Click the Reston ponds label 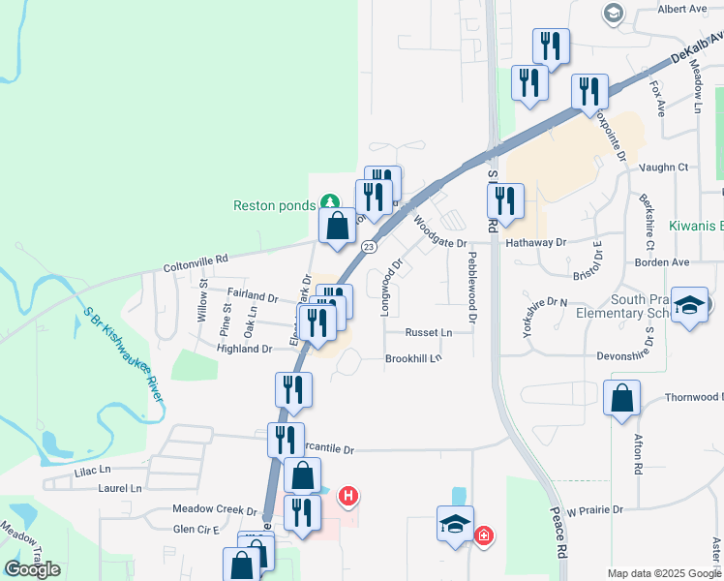(x=275, y=205)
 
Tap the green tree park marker (x=330, y=202)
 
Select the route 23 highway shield (x=369, y=247)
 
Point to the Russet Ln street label (x=428, y=332)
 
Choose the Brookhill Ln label (x=413, y=358)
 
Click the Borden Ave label (x=688, y=261)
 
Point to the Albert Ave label (x=682, y=9)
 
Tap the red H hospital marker (x=348, y=498)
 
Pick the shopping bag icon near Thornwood (x=621, y=398)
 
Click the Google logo (x=33, y=569)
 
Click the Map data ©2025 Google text (x=664, y=573)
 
